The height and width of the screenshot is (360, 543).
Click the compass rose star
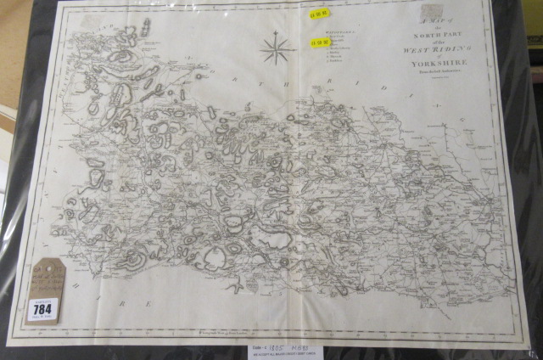point(276,48)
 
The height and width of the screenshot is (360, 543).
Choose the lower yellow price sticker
point(318,42)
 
